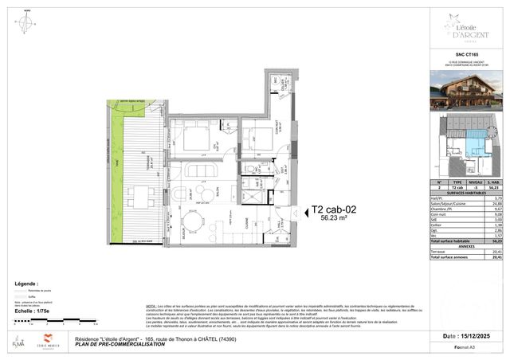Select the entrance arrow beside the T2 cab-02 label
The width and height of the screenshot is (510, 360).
click(296, 213)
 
